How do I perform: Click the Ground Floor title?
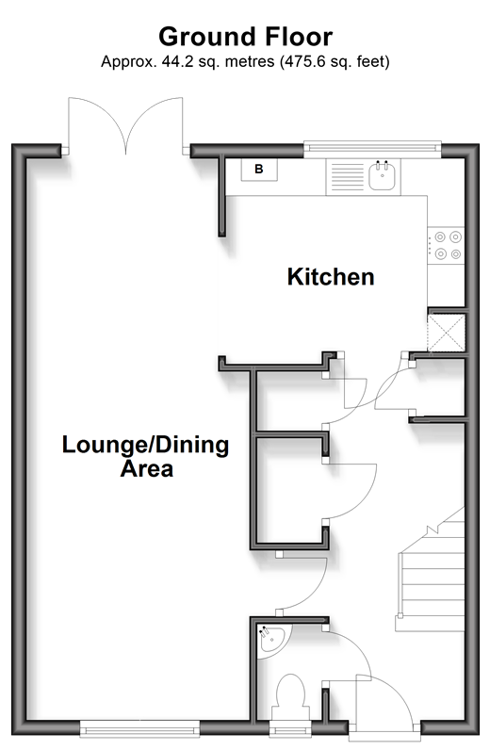coord(246,37)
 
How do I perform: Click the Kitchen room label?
coord(331,277)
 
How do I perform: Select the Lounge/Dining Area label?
coord(145,456)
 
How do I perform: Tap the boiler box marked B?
coord(259,170)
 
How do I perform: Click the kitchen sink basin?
coord(382,175)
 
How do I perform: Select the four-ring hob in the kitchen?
coord(447,245)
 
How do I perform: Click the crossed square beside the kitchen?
coord(447,333)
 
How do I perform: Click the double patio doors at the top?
coord(126,125)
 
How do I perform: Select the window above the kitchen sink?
coord(372,149)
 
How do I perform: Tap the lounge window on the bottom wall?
coord(139,727)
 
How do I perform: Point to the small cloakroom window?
coord(290,728)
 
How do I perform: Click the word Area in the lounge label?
coord(146,469)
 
